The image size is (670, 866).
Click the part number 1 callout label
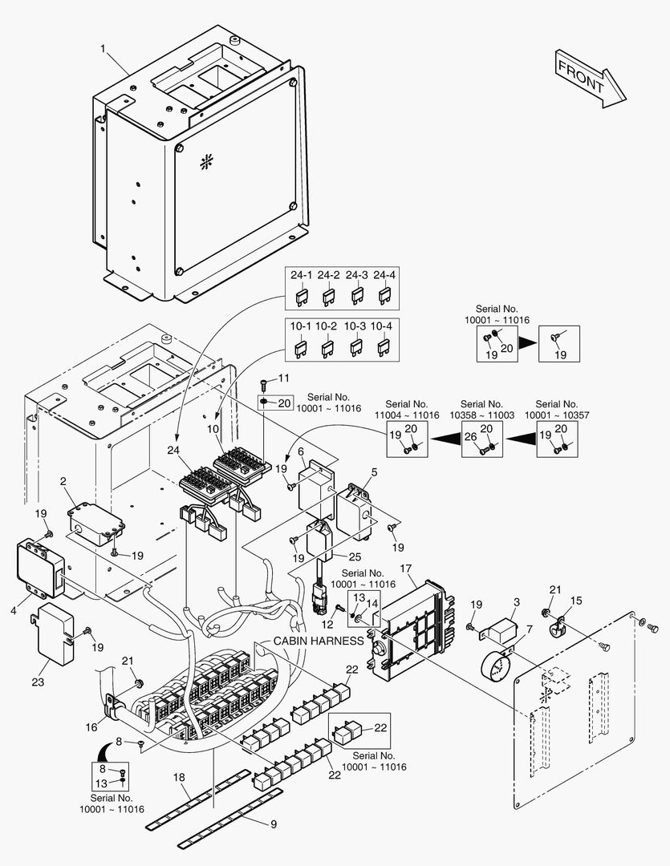104,49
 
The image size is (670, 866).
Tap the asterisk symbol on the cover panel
205,160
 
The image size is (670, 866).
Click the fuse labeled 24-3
356,297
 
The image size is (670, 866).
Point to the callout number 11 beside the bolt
283,378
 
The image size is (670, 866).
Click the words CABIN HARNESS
319,641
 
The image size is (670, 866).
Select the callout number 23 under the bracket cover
38,682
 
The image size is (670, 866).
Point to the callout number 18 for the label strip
178,778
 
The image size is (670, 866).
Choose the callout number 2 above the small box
63,481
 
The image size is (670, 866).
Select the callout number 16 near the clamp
92,727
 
